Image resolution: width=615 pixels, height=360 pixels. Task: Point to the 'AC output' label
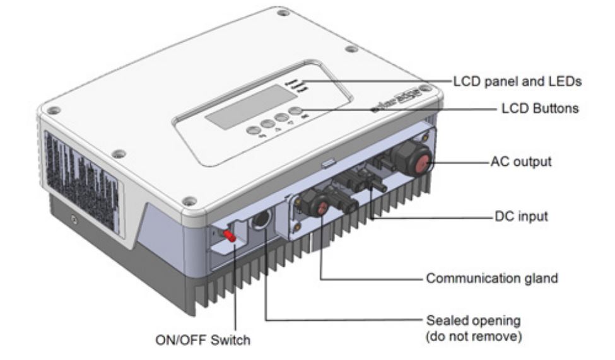pos(521,161)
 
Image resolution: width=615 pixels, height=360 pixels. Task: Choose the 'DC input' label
pos(519,216)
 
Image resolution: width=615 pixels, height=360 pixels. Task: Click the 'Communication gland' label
pos(492,278)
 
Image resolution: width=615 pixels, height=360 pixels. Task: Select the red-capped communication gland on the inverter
pos(320,206)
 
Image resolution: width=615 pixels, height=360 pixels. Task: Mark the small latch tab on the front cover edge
pos(327,163)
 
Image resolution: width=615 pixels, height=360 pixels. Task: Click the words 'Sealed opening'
pos(466,321)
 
